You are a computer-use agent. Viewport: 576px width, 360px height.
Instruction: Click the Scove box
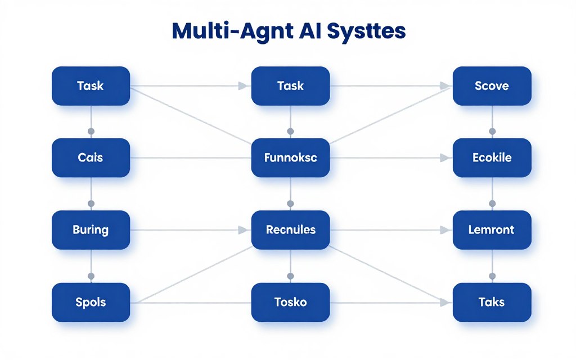pos(492,86)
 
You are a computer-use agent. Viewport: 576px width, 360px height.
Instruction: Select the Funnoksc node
pos(290,157)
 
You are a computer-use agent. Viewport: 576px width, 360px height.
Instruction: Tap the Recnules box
pos(290,229)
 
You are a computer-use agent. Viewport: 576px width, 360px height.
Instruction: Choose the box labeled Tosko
pos(290,302)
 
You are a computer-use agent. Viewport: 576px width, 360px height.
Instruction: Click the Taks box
pos(492,302)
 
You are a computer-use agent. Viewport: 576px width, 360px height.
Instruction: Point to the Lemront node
pos(492,229)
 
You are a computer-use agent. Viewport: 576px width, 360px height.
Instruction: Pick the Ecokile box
pos(492,157)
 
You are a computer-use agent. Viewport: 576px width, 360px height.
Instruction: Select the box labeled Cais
pos(91,157)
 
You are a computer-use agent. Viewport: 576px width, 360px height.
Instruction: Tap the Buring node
pos(91,229)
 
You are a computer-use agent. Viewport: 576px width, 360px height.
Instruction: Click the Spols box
pos(91,302)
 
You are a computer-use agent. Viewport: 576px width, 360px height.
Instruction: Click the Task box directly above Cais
pos(91,86)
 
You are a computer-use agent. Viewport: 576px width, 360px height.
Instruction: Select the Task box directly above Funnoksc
pos(290,86)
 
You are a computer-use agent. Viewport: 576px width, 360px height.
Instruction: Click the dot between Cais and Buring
pos(91,203)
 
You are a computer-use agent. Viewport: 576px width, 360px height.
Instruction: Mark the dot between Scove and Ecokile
pos(492,131)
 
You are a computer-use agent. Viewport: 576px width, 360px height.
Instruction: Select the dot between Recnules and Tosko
pos(290,276)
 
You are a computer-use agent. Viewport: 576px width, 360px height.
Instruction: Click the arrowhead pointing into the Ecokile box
pos(447,158)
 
